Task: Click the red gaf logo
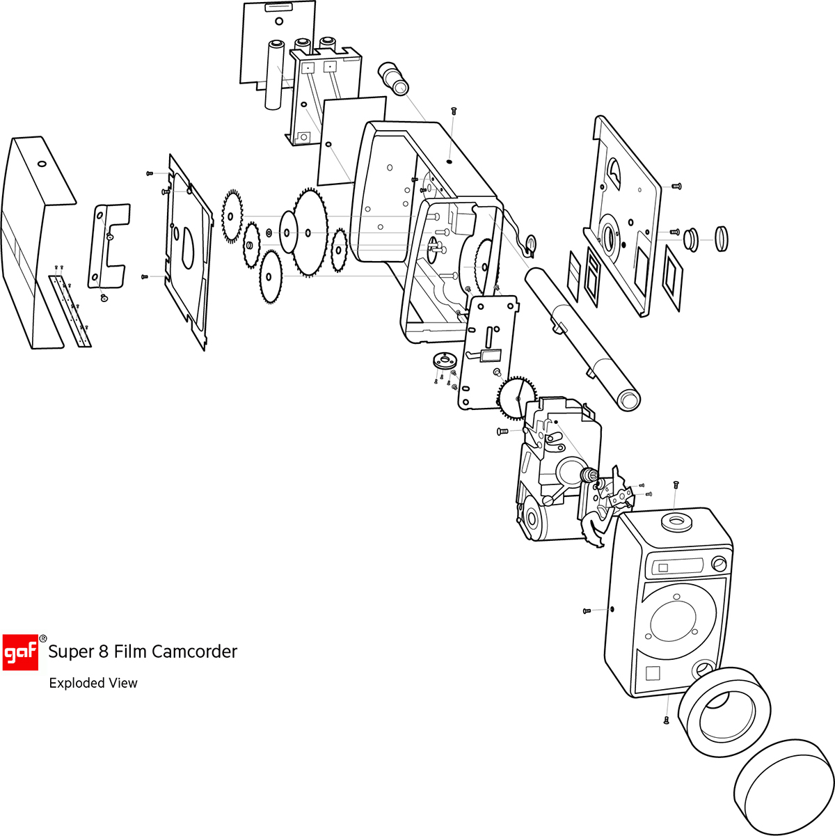pos(20,652)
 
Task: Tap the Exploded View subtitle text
pos(93,684)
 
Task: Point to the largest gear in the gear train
pos(310,232)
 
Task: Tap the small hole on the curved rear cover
pos(41,164)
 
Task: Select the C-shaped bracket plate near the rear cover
pos(109,246)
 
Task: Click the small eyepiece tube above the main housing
pos(395,78)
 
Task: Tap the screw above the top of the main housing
pos(454,111)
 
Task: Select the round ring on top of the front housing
pos(674,522)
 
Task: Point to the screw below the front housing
pos(667,720)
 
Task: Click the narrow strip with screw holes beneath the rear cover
pos(70,310)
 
